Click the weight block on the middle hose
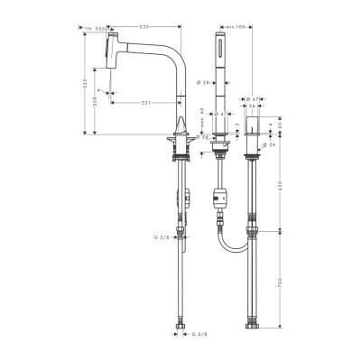click(217, 196)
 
